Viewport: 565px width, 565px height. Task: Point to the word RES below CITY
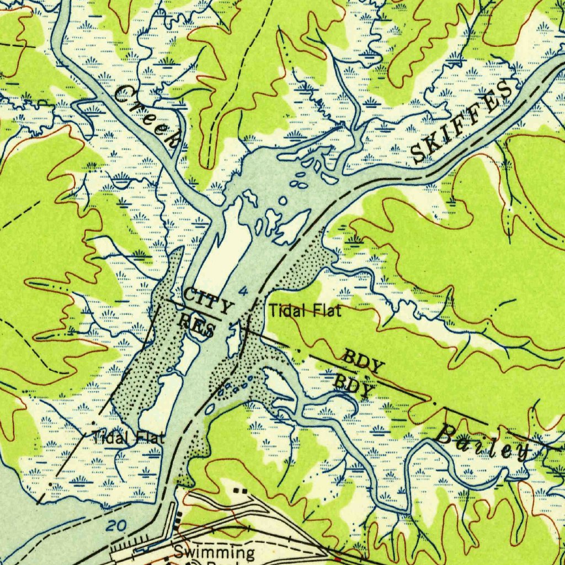(x=197, y=324)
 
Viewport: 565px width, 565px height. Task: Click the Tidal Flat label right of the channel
(x=305, y=311)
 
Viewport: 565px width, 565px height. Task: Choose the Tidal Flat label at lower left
(x=129, y=439)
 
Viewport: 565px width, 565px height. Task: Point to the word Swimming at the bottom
(x=215, y=552)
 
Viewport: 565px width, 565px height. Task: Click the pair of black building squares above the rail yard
(x=239, y=490)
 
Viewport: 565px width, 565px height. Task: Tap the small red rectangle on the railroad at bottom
(x=338, y=561)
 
